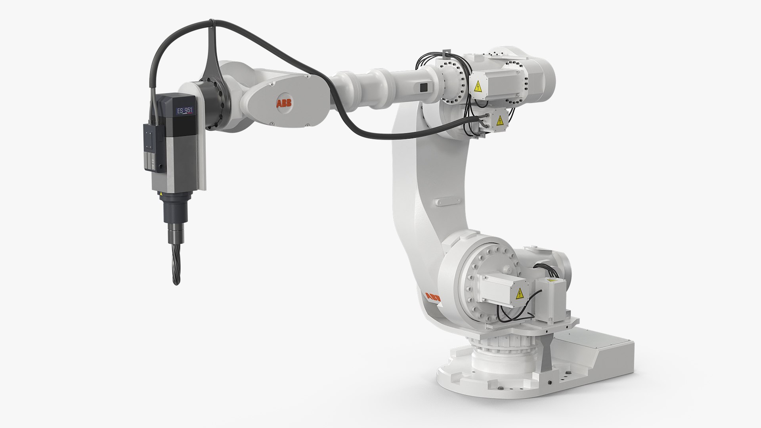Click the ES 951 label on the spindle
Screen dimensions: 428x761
185,111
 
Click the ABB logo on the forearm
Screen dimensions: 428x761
284,104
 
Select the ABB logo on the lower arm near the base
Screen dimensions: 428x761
432,298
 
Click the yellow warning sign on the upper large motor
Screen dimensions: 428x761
478,86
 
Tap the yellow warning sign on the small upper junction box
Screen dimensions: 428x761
500,120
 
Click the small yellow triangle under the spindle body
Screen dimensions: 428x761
161,194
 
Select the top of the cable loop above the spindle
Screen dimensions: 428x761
213,22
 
